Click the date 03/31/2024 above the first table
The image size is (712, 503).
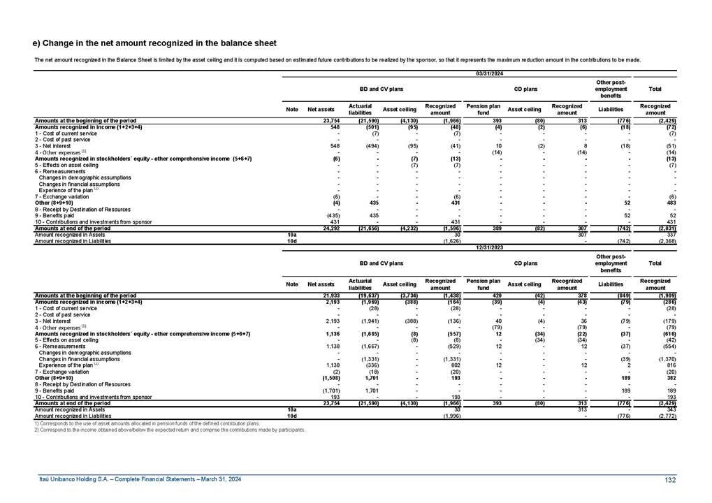(x=490, y=73)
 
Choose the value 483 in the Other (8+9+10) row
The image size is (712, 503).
(x=669, y=203)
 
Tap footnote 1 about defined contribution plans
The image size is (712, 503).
(x=146, y=423)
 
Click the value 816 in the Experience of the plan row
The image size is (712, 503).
(x=669, y=364)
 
